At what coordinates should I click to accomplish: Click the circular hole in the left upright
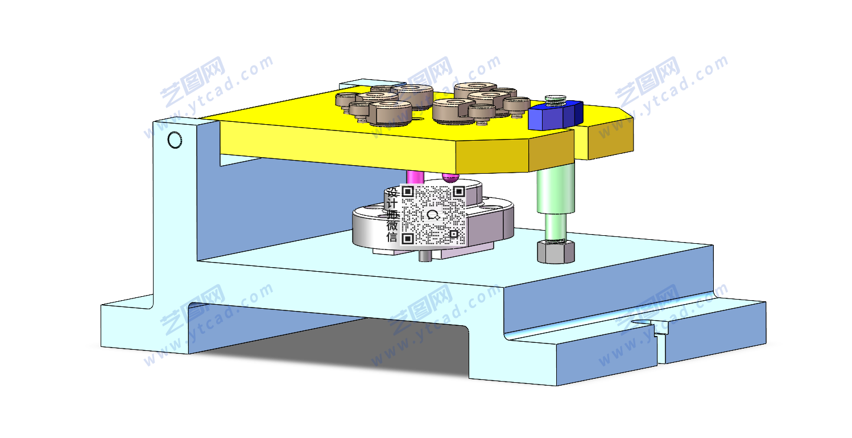[175, 140]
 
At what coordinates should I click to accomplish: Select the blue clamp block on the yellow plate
[555, 115]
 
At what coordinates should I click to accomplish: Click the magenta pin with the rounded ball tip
[450, 177]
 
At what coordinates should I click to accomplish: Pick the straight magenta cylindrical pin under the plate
[415, 177]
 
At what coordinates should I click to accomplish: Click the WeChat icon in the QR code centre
[433, 215]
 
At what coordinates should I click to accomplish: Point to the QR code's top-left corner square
[408, 191]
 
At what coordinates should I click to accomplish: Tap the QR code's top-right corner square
[459, 191]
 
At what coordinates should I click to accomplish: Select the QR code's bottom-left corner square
[408, 239]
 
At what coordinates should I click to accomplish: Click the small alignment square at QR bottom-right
[453, 234]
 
